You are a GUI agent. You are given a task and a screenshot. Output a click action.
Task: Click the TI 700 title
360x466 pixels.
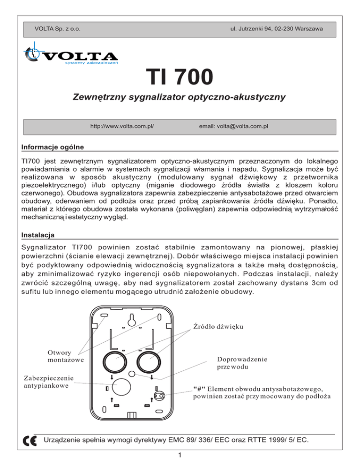(180, 76)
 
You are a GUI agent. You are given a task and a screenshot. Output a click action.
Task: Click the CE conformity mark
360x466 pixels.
(29, 440)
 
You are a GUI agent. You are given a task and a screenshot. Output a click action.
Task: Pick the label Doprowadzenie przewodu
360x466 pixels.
(242, 363)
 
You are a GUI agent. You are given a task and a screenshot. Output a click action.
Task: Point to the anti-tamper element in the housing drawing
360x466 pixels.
(159, 395)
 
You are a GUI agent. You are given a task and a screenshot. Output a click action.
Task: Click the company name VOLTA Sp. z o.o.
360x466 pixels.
(57, 29)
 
